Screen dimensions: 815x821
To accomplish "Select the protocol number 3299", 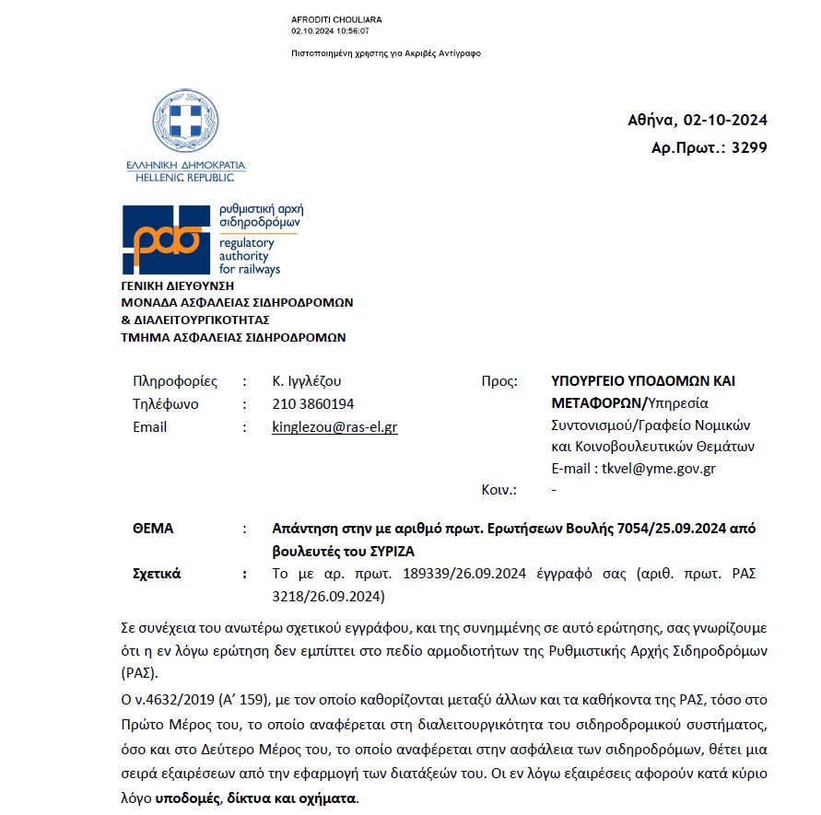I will (x=748, y=147).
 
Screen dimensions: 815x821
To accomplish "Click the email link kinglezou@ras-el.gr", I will (x=334, y=427).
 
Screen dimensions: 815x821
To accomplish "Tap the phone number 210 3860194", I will (x=313, y=404).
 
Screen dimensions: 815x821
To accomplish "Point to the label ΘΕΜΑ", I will (x=153, y=529).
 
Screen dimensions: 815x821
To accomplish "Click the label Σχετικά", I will (x=158, y=574).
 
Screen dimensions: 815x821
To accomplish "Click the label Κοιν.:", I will (x=499, y=491).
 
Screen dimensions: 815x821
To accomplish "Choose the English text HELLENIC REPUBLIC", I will (x=186, y=177).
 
